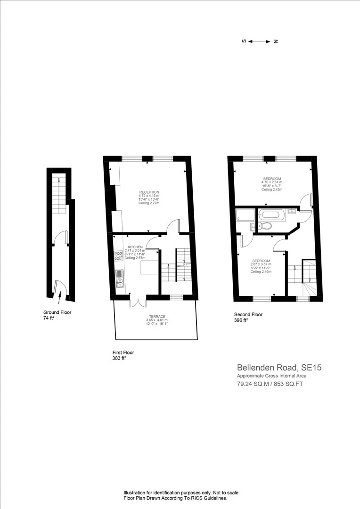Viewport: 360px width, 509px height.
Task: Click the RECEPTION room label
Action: click(149, 192)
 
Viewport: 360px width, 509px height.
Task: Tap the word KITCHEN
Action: click(135, 246)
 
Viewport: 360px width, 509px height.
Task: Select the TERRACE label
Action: click(156, 317)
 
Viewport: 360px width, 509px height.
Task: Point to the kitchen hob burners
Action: click(118, 256)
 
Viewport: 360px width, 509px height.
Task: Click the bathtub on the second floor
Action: click(271, 215)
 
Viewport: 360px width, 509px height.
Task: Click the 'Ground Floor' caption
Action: click(57, 312)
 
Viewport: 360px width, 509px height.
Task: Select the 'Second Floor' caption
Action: click(248, 314)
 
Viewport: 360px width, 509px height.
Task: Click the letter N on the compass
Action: click(276, 41)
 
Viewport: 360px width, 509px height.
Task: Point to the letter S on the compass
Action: click(244, 41)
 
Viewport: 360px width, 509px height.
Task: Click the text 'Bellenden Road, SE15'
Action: click(279, 367)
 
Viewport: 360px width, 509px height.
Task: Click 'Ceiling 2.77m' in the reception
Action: click(149, 203)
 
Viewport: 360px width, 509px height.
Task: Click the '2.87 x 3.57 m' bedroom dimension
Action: click(261, 264)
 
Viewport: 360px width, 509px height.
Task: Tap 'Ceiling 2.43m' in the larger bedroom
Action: click(272, 189)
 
